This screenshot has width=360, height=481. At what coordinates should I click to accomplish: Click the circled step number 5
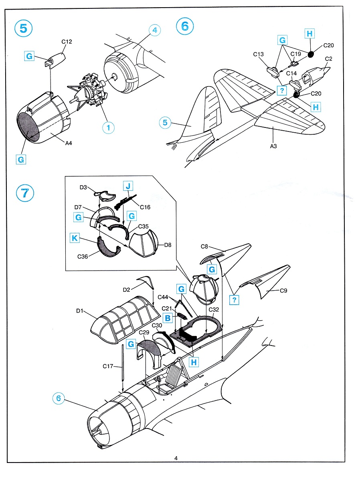coord(23,29)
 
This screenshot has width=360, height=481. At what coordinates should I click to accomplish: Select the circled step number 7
coord(24,193)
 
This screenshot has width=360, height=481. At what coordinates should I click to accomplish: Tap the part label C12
coord(67,41)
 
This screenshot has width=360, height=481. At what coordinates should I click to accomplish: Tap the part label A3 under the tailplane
coord(273,146)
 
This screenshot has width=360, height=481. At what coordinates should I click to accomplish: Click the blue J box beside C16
coord(127,186)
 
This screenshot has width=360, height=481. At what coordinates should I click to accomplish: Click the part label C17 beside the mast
coord(108,366)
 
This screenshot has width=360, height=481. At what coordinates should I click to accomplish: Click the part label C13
coord(258,54)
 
